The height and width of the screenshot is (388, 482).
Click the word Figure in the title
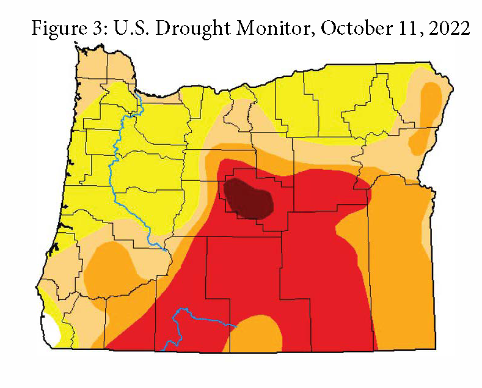[x=57, y=28]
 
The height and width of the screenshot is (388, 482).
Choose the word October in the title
[x=337, y=28]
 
